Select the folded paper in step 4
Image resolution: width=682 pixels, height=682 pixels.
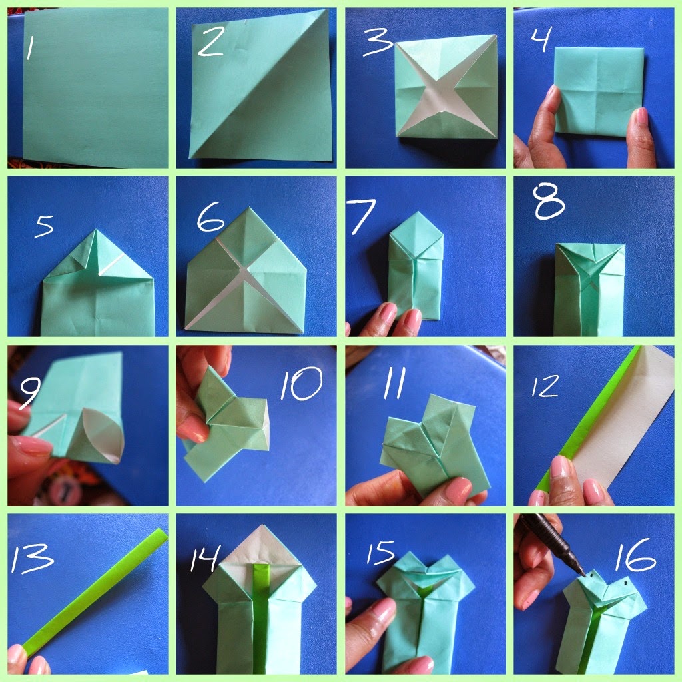pos(599,90)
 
